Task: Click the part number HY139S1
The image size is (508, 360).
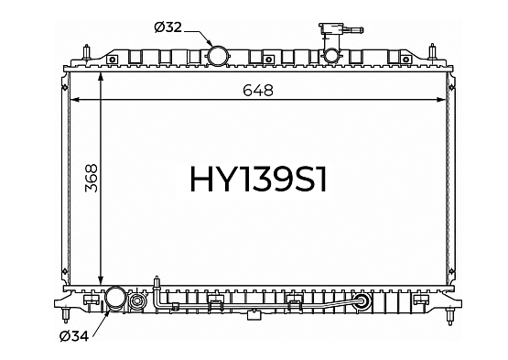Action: (x=258, y=179)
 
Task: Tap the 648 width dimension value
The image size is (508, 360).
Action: (x=258, y=90)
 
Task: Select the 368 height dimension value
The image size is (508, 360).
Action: (x=92, y=178)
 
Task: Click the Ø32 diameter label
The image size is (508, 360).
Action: (x=168, y=27)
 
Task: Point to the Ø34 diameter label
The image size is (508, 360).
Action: (x=74, y=336)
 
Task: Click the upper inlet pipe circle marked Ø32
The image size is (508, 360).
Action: (x=217, y=56)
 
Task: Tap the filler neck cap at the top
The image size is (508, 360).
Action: (x=340, y=29)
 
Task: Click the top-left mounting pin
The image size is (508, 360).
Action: (x=87, y=52)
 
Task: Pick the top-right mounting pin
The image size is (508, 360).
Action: (x=433, y=52)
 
